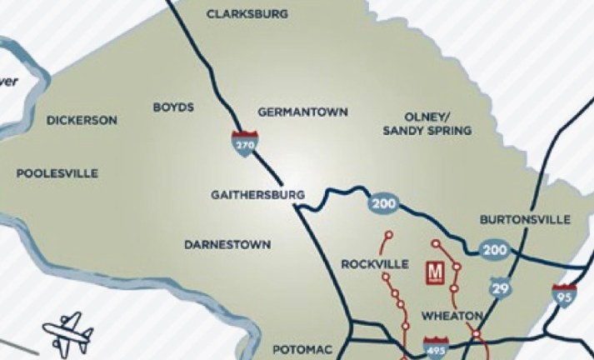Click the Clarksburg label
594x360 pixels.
pyautogui.click(x=247, y=14)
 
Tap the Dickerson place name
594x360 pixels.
pyautogui.click(x=82, y=120)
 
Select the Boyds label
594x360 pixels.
pyautogui.click(x=173, y=107)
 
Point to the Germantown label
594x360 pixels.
pyautogui.click(x=302, y=112)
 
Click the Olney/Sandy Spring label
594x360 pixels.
pyautogui.click(x=427, y=124)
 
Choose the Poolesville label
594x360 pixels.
pyautogui.click(x=57, y=173)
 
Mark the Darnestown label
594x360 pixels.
pyautogui.click(x=227, y=244)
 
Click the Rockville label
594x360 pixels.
pyautogui.click(x=375, y=264)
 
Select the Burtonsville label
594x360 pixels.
pyautogui.click(x=525, y=220)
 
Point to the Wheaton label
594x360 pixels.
pyautogui.click(x=452, y=316)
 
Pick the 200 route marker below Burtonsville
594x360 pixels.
pyautogui.click(x=494, y=248)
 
